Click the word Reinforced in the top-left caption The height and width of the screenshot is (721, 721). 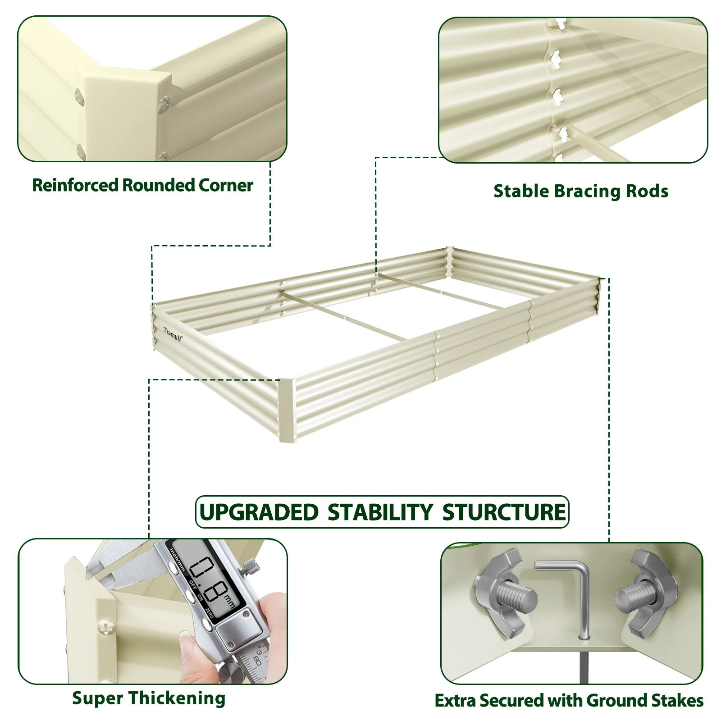(x=75, y=185)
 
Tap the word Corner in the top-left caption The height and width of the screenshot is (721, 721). (x=226, y=185)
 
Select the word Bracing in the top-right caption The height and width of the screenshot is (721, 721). (x=581, y=192)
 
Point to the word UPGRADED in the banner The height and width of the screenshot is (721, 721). (x=259, y=512)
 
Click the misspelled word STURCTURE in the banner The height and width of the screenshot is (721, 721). (x=504, y=512)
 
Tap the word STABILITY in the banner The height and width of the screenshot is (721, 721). (x=380, y=512)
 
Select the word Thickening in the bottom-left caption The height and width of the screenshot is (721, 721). (x=177, y=699)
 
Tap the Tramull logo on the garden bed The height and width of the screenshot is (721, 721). (x=173, y=334)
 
